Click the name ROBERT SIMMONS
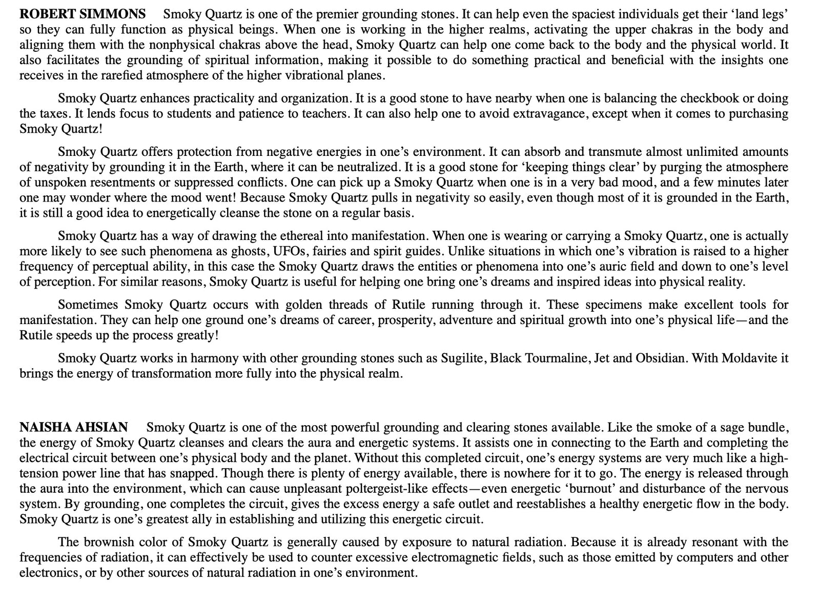click(83, 14)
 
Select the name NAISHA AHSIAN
click(74, 427)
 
